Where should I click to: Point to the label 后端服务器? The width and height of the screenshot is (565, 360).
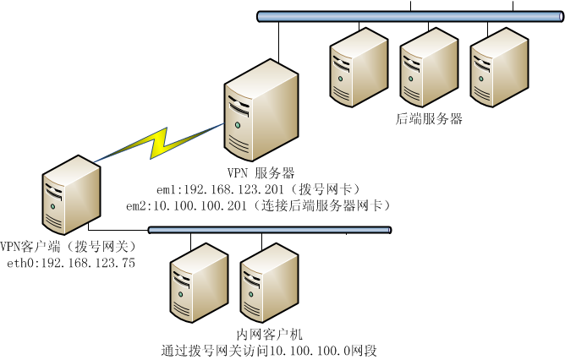[429, 119]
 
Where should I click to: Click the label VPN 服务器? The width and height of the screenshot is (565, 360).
[261, 172]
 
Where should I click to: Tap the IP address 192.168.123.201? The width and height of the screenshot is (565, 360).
[216, 188]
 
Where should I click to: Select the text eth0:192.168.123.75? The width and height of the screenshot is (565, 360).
[71, 263]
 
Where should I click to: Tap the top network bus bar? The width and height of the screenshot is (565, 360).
[405, 16]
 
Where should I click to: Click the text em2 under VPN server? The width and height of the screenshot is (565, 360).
[136, 205]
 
